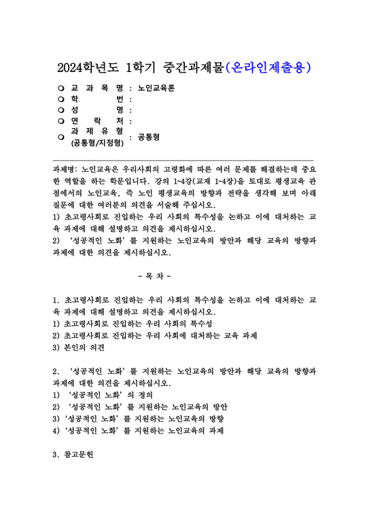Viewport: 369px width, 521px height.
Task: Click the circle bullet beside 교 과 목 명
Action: point(61,88)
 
